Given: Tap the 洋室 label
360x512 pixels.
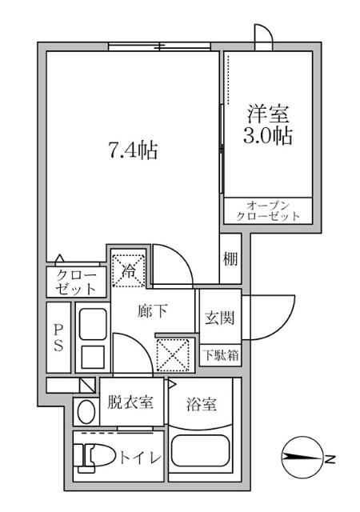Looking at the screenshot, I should [x=267, y=112].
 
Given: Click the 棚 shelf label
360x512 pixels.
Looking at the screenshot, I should [x=230, y=258].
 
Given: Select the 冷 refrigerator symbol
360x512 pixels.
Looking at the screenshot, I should [x=127, y=270].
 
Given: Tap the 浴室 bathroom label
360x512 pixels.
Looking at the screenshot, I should [x=200, y=405].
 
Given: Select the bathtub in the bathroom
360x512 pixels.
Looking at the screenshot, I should [x=200, y=457].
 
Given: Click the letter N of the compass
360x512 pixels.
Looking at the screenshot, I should [x=330, y=458].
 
